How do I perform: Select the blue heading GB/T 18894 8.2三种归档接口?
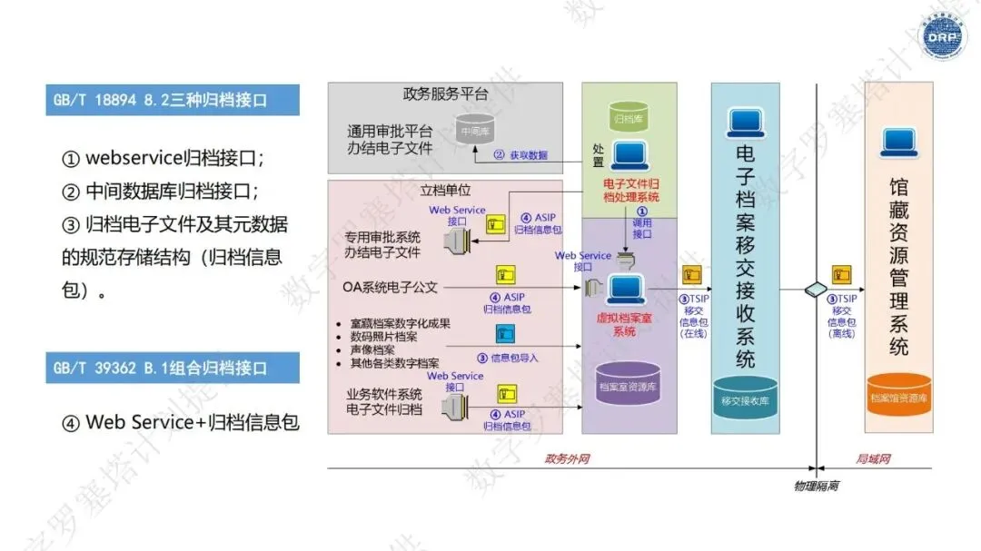click(173, 100)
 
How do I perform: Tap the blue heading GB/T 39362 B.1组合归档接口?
click(173, 369)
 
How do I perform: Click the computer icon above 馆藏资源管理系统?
click(898, 141)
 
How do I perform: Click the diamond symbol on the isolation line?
click(817, 290)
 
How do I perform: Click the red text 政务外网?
click(567, 459)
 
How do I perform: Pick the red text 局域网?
click(874, 459)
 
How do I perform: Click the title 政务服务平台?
click(445, 94)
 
